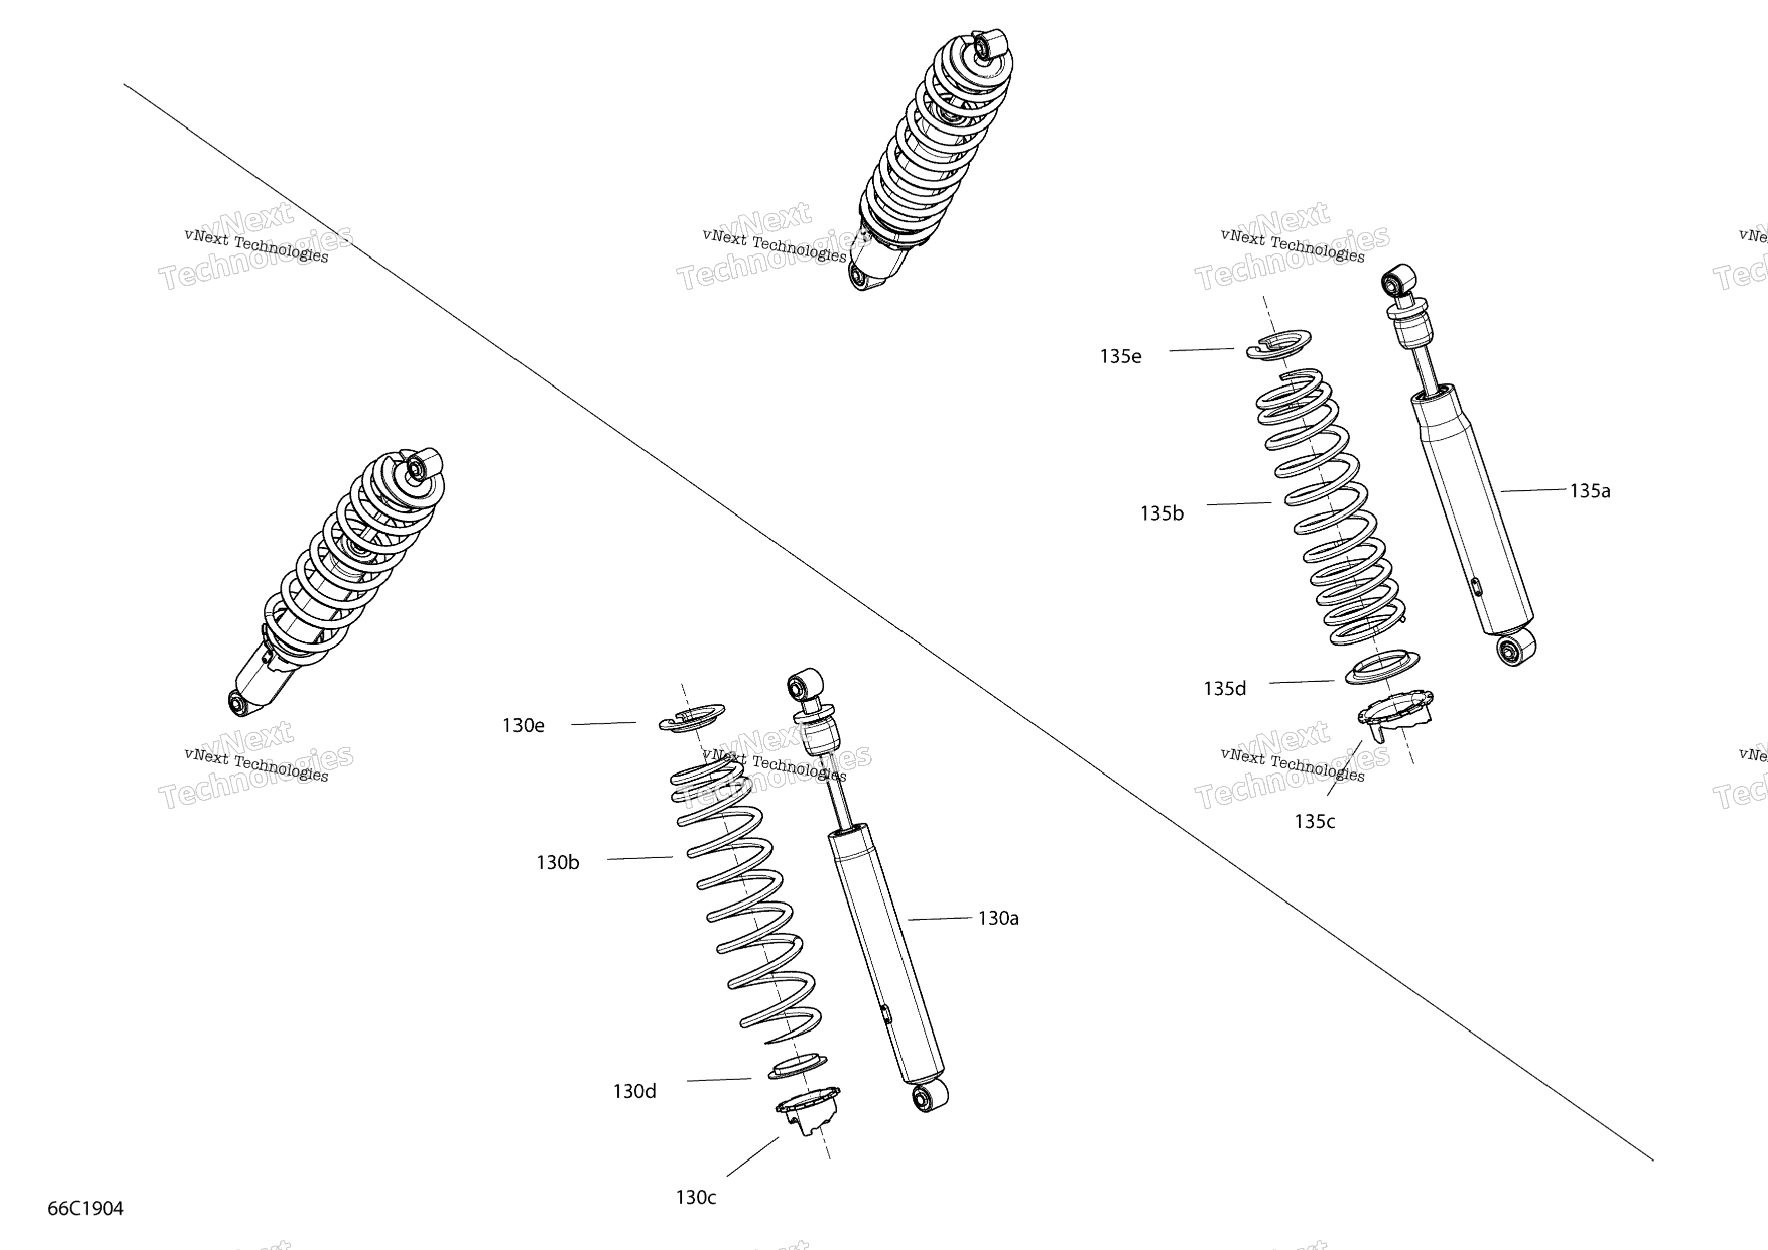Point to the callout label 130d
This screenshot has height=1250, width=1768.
coord(634,1092)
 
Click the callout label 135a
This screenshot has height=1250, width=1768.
coord(1590,491)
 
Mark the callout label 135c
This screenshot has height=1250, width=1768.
coord(1315,822)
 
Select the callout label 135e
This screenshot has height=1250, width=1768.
coord(1120,356)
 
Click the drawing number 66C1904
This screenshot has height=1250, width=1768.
coord(85,1209)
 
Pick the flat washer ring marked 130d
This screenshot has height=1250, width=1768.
coord(798,1067)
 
